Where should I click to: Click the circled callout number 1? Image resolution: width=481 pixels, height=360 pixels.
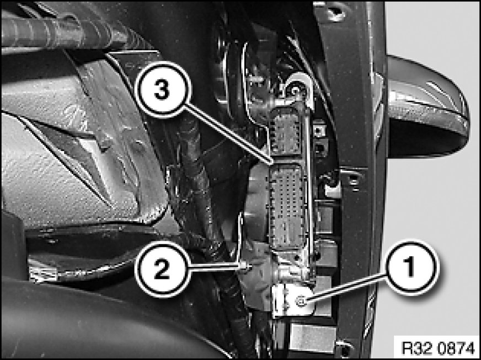click(411, 267)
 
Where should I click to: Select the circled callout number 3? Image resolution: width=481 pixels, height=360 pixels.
click(162, 89)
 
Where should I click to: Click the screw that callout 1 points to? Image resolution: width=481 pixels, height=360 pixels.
click(301, 302)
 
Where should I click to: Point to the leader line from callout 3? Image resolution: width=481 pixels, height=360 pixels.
click(228, 134)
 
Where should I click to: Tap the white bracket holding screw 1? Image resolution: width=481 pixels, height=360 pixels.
click(292, 300)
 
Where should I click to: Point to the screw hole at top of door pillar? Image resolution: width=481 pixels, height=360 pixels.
click(336, 12)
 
